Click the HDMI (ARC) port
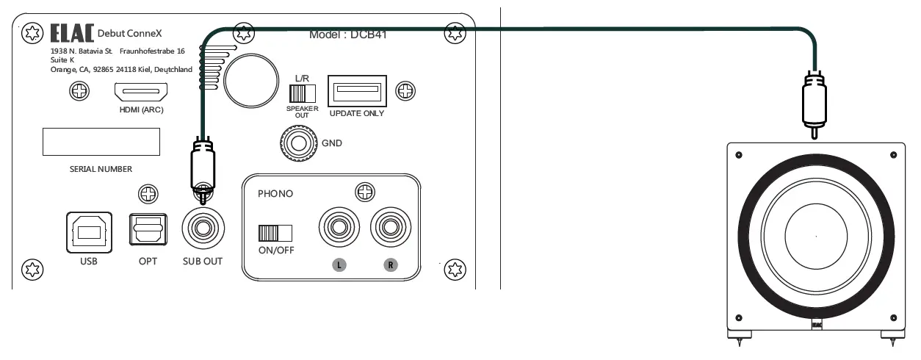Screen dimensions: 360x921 coord(140,93)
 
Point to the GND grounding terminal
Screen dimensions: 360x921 coord(297,143)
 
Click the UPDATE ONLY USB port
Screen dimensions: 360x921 coord(357,92)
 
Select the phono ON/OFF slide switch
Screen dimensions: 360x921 coord(275,233)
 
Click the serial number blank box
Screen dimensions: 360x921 coord(101,141)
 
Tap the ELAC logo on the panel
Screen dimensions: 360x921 coord(72,34)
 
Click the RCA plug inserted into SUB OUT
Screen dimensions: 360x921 coord(201,165)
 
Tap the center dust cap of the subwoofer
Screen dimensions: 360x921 coord(815,237)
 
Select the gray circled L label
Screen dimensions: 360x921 coord(339,264)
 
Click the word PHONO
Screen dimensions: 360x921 coord(275,195)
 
